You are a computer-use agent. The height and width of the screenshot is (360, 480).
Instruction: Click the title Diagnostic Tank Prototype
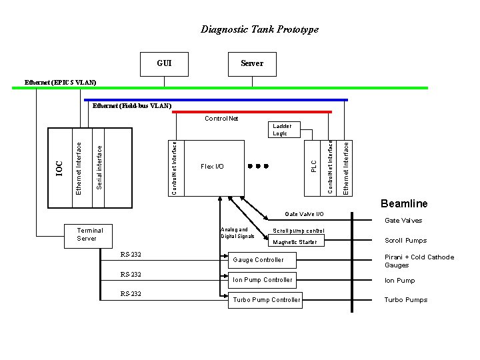(x=259, y=29)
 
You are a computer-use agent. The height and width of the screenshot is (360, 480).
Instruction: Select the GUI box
(x=164, y=63)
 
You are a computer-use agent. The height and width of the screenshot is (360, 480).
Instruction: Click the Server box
(x=251, y=63)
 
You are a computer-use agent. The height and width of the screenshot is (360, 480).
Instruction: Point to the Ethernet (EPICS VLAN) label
(x=60, y=82)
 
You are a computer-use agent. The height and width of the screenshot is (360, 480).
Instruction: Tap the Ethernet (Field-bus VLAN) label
(x=131, y=105)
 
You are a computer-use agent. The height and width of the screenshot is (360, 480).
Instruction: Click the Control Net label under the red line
(x=221, y=119)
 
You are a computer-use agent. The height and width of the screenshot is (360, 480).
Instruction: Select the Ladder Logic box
(x=279, y=129)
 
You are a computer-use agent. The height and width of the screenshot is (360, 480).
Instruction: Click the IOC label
(x=59, y=168)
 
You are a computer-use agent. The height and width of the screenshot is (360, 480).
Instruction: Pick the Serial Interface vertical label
(x=99, y=167)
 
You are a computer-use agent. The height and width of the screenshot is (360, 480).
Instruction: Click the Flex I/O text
(x=212, y=167)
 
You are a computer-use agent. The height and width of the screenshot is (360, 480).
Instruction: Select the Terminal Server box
(x=87, y=234)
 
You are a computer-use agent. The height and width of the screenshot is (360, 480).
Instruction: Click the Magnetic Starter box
(x=295, y=242)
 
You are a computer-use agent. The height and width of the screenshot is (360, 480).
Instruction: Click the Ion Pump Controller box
(x=262, y=279)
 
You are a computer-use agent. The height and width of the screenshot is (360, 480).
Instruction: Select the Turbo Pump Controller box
(x=266, y=299)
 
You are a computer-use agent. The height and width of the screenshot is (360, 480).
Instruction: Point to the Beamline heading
(x=404, y=204)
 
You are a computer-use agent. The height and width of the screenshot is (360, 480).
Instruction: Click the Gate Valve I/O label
(x=304, y=214)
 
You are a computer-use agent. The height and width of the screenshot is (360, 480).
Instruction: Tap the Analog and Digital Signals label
(x=237, y=233)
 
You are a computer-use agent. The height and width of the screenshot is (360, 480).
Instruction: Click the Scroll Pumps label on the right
(x=405, y=241)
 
